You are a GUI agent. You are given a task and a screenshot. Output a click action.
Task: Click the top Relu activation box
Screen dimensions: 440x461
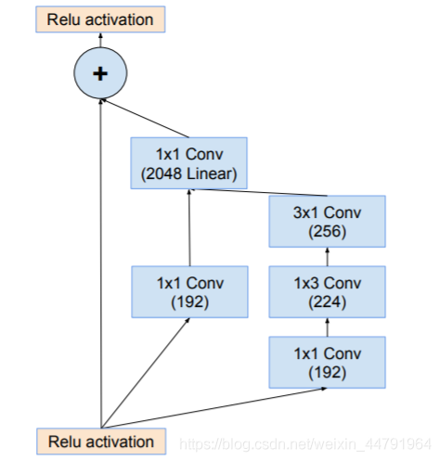(100, 19)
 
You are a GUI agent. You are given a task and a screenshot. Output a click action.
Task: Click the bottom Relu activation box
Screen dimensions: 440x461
(101, 442)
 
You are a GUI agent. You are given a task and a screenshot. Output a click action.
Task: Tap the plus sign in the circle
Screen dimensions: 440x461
(100, 74)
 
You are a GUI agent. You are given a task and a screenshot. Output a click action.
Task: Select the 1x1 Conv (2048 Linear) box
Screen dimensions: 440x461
(188, 163)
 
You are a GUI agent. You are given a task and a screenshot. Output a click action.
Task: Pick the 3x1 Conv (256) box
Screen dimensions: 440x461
(327, 222)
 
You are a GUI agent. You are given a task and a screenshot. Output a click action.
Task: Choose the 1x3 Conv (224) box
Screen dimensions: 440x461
(327, 292)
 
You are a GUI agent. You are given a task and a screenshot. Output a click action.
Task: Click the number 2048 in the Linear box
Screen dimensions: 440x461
(164, 173)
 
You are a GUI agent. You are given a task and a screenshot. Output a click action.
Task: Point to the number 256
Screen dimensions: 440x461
(327, 231)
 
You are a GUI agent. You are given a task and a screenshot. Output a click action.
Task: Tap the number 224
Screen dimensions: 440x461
(327, 301)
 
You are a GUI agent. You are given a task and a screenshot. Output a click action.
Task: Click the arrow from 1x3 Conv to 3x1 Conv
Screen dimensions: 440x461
(328, 257)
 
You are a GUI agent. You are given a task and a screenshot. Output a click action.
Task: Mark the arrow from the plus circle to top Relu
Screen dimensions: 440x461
(100, 40)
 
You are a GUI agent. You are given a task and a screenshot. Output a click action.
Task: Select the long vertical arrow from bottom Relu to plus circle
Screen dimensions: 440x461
(100, 263)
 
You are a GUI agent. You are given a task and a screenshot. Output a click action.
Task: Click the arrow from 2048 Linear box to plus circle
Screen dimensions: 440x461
(145, 118)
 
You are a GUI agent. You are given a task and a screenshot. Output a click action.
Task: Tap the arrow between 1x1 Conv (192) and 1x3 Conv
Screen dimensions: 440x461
(328, 327)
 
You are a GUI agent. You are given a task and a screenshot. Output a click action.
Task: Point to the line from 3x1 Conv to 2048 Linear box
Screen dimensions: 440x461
(258, 192)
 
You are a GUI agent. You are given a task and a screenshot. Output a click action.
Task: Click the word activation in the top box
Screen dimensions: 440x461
(120, 19)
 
